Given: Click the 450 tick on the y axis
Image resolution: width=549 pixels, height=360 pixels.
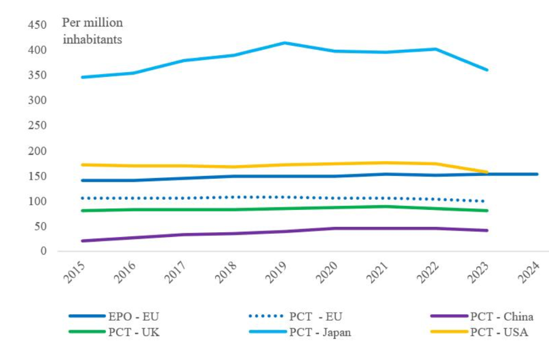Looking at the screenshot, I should [x=36, y=25].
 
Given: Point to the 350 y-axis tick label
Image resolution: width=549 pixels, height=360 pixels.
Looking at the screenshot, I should [x=36, y=76].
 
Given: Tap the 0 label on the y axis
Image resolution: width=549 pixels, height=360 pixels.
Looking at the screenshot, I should [x=43, y=252].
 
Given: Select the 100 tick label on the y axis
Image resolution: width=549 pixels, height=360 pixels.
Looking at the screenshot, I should [x=36, y=202].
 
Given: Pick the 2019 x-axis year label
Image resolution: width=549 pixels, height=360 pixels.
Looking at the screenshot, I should [x=277, y=273].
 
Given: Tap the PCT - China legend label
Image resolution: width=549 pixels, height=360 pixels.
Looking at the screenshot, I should [x=501, y=317].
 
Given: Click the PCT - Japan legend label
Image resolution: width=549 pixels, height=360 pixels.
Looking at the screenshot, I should [x=320, y=332].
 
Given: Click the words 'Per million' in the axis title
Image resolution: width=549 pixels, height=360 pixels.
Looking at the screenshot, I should [x=92, y=23].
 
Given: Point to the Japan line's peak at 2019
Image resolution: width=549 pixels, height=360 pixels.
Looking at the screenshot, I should [x=284, y=43].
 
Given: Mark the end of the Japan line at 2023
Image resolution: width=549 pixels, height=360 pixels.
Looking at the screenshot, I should [x=486, y=70].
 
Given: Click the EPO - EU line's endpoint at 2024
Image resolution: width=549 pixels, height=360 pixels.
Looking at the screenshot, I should [x=536, y=174].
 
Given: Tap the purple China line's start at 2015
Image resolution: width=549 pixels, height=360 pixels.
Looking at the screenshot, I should [x=83, y=240].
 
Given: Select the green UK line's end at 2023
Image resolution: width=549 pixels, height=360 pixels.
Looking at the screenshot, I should [x=486, y=210].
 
